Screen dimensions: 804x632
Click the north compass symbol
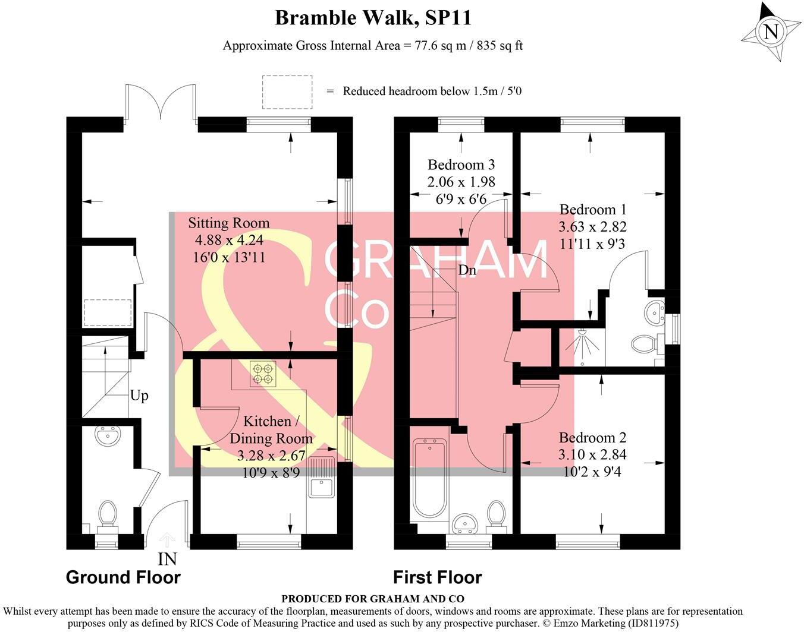pyautogui.click(x=771, y=31)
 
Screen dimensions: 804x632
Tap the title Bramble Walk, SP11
pyautogui.click(x=373, y=18)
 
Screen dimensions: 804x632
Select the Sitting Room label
pyautogui.click(x=229, y=223)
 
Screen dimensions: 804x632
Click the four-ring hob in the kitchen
pyautogui.click(x=263, y=374)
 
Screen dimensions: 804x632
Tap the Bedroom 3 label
pyautogui.click(x=461, y=165)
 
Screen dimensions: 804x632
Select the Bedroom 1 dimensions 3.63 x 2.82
pyautogui.click(x=592, y=226)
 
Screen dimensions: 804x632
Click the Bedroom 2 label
pyautogui.click(x=592, y=438)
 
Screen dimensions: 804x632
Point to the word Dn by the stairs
pyautogui.click(x=467, y=270)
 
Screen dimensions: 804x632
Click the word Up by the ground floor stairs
pyautogui.click(x=139, y=396)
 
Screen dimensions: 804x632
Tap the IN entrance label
pyautogui.click(x=167, y=559)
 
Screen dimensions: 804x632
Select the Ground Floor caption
pyautogui.click(x=123, y=577)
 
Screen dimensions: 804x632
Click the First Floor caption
pyautogui.click(x=437, y=577)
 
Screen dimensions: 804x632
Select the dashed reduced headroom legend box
pyautogui.click(x=287, y=92)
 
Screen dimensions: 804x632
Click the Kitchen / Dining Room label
pyautogui.click(x=271, y=430)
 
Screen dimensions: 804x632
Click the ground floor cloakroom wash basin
pyautogui.click(x=108, y=437)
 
